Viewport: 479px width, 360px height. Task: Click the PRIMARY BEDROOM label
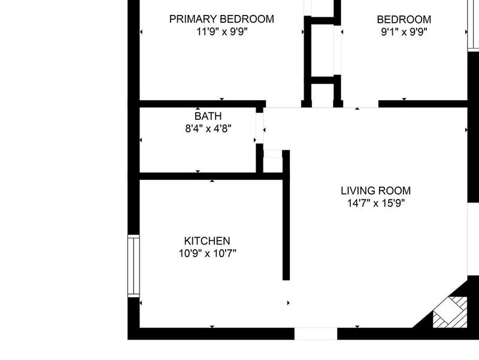(x=222, y=19)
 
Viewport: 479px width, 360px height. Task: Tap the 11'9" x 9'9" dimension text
(x=222, y=32)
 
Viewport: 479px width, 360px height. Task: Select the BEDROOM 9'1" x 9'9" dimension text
(x=404, y=32)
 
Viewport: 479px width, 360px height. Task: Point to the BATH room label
(x=208, y=116)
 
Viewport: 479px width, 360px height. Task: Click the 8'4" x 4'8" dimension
(x=208, y=129)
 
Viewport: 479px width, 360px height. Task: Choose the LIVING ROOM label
(x=376, y=190)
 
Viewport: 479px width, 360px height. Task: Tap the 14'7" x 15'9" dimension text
(x=376, y=203)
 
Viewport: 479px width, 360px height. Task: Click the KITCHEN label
(x=207, y=241)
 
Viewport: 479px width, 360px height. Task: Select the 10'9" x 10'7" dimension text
(x=207, y=253)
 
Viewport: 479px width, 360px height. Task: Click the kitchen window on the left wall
(x=134, y=266)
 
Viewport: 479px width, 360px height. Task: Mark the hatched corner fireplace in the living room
(x=450, y=312)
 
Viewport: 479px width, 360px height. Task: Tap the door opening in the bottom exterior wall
(x=316, y=334)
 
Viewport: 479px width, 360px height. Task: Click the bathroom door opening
(x=259, y=128)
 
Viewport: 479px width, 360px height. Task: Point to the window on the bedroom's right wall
(x=473, y=25)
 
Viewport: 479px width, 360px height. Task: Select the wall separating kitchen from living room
(x=286, y=215)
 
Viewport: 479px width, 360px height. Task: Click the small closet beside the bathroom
(x=272, y=162)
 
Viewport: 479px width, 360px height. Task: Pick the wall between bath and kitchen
(x=211, y=176)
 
